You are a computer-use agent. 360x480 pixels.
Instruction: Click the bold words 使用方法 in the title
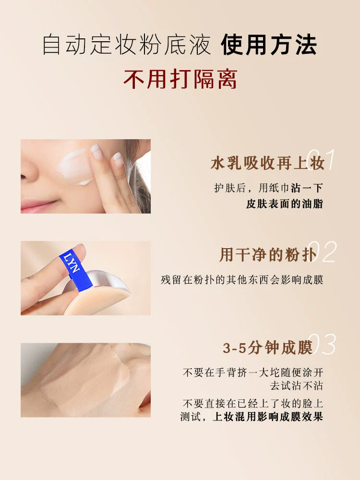click(269, 45)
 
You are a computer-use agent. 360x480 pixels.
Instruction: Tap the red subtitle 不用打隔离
click(180, 79)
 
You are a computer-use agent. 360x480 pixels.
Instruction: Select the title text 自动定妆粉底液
click(127, 45)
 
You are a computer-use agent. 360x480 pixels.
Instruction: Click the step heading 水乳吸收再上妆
click(267, 163)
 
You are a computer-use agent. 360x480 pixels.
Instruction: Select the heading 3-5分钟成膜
click(267, 348)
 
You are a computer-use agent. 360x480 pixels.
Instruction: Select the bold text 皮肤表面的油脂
click(284, 204)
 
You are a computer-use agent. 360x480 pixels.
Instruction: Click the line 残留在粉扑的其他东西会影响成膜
click(242, 280)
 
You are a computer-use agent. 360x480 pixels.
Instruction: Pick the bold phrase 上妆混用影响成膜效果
click(268, 417)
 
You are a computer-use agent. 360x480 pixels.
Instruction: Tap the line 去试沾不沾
click(296, 385)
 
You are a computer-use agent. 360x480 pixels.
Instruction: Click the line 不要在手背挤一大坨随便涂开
click(253, 372)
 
